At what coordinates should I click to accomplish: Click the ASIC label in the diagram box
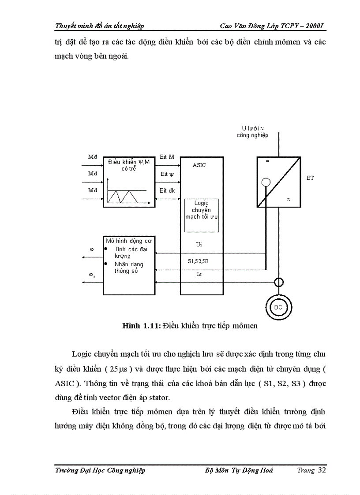click(x=199, y=165)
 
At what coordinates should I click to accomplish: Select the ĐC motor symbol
click(x=278, y=307)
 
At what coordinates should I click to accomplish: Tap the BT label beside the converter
click(x=310, y=179)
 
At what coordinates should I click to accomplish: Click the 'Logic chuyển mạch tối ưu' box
click(x=202, y=215)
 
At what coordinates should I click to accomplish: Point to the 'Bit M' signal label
click(x=167, y=157)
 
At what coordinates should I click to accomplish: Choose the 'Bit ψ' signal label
click(x=167, y=174)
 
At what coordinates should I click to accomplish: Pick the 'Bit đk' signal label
click(x=167, y=191)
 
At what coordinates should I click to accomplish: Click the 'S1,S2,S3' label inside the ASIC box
click(x=198, y=261)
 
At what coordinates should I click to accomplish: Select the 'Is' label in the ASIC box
click(x=199, y=274)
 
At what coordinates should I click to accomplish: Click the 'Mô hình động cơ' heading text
click(x=124, y=241)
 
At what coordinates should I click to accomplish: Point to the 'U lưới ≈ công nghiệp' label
click(x=252, y=131)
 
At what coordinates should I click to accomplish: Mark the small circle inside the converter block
click(x=266, y=181)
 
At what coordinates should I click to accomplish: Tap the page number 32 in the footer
click(x=322, y=470)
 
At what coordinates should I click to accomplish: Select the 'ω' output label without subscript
click(x=91, y=249)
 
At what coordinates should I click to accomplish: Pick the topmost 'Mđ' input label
click(x=92, y=157)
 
